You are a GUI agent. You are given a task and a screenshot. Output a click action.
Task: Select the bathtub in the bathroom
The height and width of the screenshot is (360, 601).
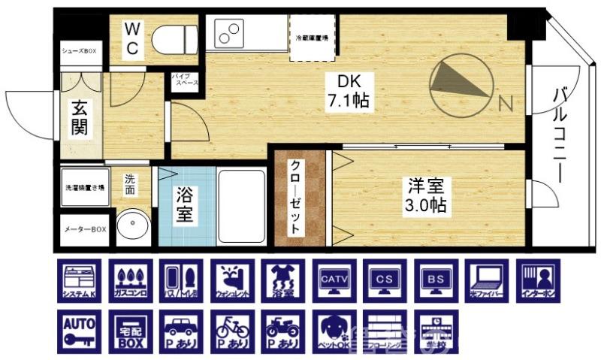coord(241,205)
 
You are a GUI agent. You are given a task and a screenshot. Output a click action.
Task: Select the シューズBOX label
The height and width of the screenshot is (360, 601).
coord(80,51)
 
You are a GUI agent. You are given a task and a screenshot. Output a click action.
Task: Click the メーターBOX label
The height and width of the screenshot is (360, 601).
coord(83,229)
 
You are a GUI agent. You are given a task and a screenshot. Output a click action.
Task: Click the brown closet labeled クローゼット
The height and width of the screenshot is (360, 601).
coord(297,198)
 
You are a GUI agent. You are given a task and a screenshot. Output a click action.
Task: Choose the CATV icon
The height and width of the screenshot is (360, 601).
coord(334,282)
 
